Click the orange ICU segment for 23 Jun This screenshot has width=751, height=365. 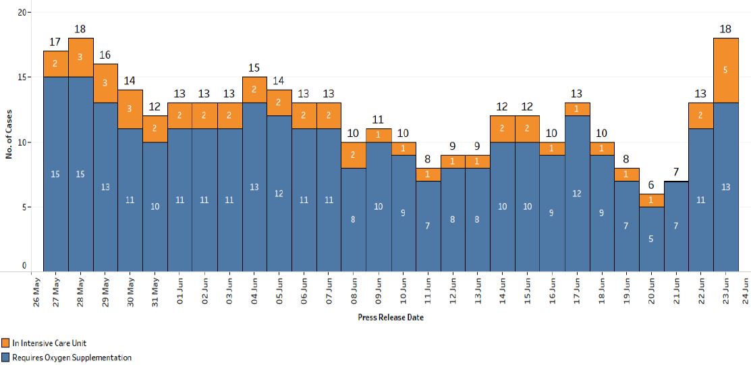tap(726, 71)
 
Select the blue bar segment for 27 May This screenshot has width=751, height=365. tap(55, 174)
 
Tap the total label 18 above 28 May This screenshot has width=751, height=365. tap(80, 29)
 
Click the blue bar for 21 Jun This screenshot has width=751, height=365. tap(676, 226)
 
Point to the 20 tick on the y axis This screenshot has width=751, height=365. tap(21, 13)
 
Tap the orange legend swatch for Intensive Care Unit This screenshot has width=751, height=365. tap(6, 343)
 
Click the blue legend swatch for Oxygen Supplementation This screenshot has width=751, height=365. tap(6, 358)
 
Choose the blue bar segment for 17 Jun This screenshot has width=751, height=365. tap(577, 194)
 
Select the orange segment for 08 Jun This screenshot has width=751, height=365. tap(354, 155)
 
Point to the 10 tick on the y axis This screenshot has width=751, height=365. tap(21, 142)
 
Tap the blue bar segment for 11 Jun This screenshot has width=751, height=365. tap(428, 226)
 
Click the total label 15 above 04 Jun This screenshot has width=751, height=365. tap(254, 68)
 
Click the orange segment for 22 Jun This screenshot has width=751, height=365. tap(701, 116)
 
